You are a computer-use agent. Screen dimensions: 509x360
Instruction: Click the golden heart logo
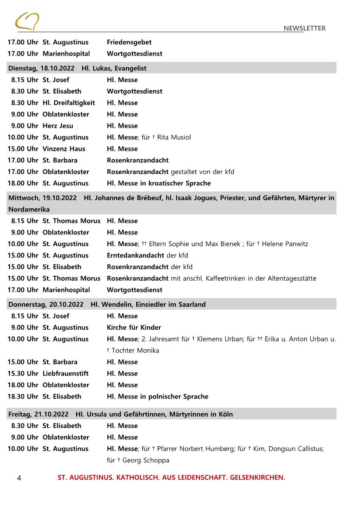click(x=27, y=22)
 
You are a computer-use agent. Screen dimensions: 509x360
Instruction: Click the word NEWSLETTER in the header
click(x=304, y=28)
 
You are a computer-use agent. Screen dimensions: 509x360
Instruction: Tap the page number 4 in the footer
click(x=19, y=478)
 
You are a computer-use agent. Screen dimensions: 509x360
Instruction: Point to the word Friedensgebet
click(x=129, y=42)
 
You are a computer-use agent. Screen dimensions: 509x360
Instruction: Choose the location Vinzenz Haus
click(x=64, y=149)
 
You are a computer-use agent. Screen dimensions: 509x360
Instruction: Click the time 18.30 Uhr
click(x=23, y=396)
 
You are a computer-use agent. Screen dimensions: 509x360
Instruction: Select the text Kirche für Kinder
click(x=134, y=328)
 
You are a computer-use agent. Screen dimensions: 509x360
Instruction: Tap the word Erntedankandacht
click(x=135, y=255)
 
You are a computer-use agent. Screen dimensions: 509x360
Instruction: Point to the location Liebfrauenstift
click(x=65, y=373)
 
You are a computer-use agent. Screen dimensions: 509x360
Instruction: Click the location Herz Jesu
click(x=58, y=126)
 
